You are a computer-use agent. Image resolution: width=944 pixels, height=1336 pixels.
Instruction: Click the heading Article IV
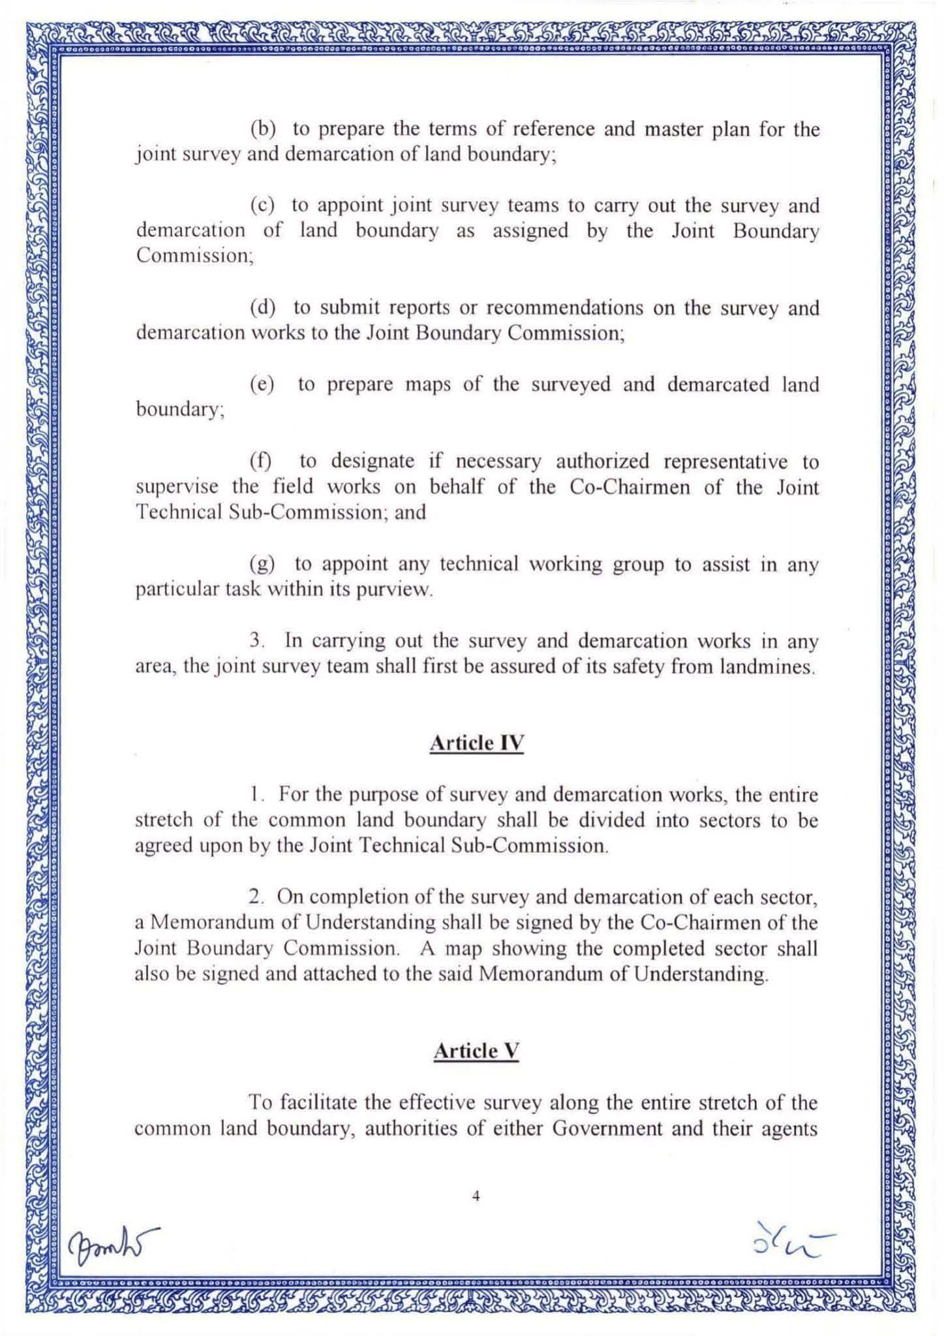click(x=476, y=743)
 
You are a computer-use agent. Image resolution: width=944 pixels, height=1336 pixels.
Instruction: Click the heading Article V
click(x=476, y=1051)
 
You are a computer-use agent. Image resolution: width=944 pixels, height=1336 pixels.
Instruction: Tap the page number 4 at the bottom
click(x=476, y=1196)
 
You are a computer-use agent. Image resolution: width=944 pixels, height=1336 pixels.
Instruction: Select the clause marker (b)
click(x=263, y=129)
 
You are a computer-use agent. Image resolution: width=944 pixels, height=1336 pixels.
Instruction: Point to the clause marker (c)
click(x=262, y=206)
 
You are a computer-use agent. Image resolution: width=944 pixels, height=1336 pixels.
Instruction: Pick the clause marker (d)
click(x=263, y=307)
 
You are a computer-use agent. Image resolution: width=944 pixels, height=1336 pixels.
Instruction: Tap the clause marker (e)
click(x=262, y=384)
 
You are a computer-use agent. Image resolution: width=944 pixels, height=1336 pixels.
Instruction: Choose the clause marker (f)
click(x=261, y=461)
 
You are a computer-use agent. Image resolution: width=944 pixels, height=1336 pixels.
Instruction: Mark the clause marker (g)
click(x=262, y=563)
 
